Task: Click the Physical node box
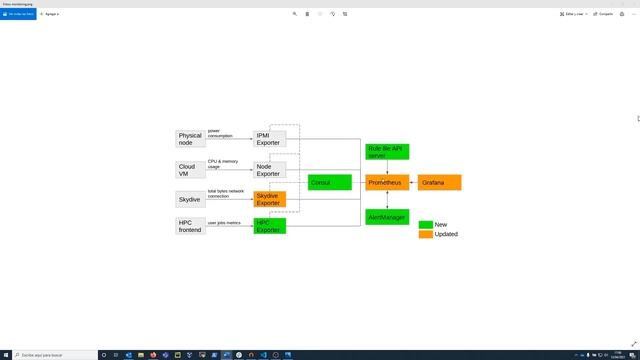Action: [190, 139]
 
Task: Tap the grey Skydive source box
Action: [190, 199]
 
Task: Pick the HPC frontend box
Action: [190, 226]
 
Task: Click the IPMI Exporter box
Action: [270, 139]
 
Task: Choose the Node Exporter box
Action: [270, 170]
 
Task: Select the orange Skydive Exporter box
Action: [270, 199]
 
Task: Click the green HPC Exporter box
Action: [270, 226]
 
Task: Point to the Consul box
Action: [330, 182]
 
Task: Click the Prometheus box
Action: [387, 182]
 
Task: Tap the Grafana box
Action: [440, 182]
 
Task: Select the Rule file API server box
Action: [387, 152]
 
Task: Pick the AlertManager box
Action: [387, 216]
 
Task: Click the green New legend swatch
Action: [425, 225]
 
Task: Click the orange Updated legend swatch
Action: [425, 234]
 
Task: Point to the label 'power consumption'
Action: [220, 133]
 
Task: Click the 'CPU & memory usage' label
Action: [222, 163]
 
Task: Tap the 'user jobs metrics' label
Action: [223, 223]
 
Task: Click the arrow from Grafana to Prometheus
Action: [414, 182]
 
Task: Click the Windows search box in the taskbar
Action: [50, 354]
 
